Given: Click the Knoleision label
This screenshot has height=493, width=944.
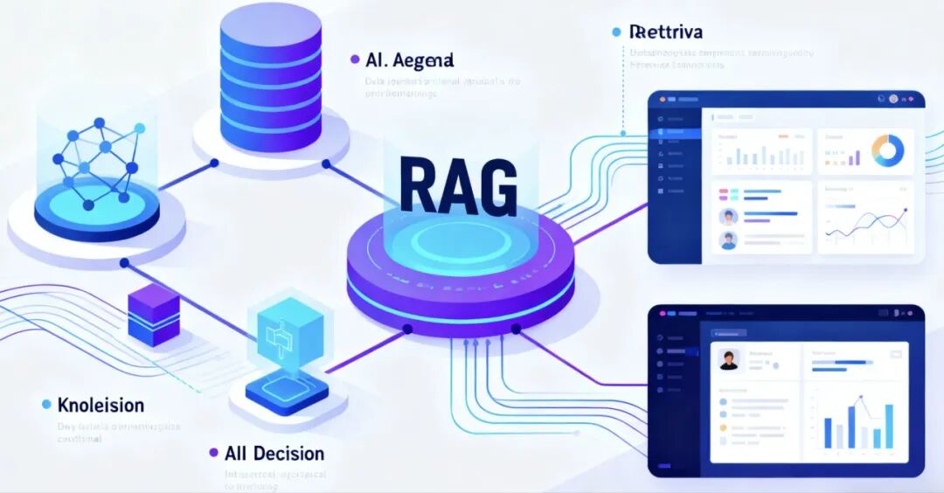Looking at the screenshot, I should click(x=101, y=406).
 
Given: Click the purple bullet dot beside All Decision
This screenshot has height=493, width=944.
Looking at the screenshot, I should click(x=213, y=454).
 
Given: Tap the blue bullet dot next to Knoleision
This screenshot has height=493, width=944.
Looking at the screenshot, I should click(x=45, y=405).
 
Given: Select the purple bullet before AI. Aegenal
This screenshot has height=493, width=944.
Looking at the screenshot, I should click(x=354, y=59).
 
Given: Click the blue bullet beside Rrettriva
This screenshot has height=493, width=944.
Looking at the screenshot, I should click(x=616, y=32).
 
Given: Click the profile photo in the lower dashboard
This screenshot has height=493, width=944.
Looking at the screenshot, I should click(x=728, y=360).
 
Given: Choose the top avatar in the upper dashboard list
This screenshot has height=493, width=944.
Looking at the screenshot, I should click(x=727, y=217).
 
